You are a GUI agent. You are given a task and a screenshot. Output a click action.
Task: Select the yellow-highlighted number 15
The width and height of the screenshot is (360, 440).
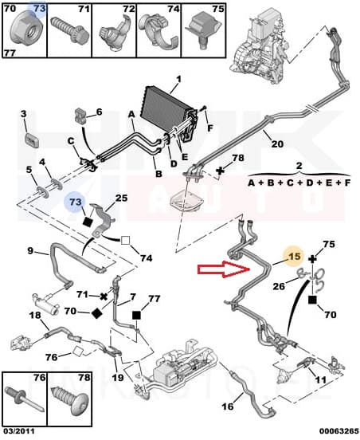pyautogui.click(x=294, y=257)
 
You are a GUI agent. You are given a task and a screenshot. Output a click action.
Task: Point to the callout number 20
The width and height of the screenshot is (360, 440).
pyautogui.click(x=277, y=144)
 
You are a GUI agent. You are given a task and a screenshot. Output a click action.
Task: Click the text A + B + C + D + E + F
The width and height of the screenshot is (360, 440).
pyautogui.click(x=299, y=182)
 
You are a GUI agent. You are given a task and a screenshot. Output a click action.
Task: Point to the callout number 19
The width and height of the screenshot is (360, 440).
pyautogui.click(x=118, y=378)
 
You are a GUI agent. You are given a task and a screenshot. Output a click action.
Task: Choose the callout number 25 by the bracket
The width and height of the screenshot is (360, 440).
pyautogui.click(x=121, y=198)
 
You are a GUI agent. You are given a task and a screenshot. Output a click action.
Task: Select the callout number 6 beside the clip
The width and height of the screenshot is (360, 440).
pyautogui.click(x=100, y=112)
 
